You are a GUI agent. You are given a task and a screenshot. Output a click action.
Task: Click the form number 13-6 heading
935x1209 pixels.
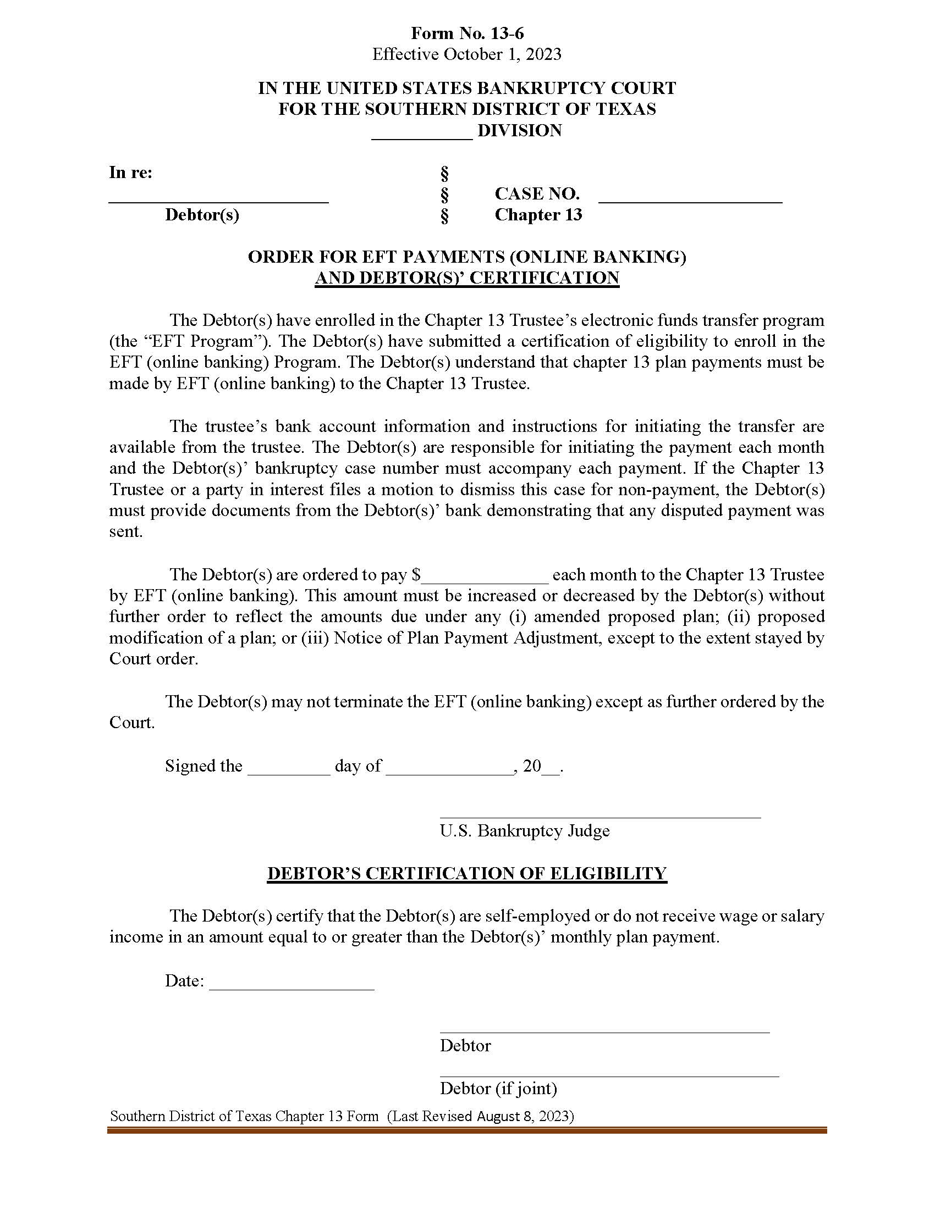[467, 33]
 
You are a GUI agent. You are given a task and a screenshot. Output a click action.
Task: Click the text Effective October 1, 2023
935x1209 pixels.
[467, 54]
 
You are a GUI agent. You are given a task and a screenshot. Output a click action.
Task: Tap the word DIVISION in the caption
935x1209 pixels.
[520, 131]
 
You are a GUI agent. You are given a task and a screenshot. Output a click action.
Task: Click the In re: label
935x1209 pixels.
[131, 173]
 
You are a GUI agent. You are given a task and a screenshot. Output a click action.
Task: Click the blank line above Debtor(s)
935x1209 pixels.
[218, 200]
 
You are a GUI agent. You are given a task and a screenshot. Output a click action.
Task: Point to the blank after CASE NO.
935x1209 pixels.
[690, 200]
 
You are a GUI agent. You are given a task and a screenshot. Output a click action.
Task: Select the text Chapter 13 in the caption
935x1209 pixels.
[538, 215]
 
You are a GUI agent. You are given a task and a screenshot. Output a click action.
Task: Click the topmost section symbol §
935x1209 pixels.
[444, 174]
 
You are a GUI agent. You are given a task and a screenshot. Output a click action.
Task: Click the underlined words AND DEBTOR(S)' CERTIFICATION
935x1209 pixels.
[467, 278]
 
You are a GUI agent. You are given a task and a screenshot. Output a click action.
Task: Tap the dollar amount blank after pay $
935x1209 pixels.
[485, 579]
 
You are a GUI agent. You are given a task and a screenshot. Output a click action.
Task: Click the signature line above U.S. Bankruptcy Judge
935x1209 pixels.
[600, 817]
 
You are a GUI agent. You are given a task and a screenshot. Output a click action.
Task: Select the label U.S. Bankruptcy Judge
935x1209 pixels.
[525, 830]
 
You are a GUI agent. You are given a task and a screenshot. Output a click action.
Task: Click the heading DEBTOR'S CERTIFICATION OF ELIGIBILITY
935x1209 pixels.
[467, 873]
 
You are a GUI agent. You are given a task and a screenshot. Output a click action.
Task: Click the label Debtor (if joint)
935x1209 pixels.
[498, 1088]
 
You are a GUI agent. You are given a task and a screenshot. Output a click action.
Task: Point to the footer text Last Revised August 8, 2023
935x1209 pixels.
[481, 1116]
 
